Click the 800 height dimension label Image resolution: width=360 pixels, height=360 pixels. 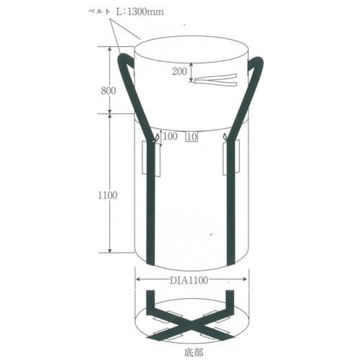108,91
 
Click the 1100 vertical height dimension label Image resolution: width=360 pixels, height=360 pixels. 107,195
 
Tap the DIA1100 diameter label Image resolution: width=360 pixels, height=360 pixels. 189,280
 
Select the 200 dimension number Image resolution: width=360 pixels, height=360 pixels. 179,71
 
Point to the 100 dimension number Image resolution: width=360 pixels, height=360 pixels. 170,136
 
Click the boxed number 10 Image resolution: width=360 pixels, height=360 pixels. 192,137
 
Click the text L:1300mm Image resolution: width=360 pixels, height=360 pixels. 140,12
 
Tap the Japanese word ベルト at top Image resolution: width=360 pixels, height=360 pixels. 99,12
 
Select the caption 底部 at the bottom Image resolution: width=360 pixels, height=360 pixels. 194,352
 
